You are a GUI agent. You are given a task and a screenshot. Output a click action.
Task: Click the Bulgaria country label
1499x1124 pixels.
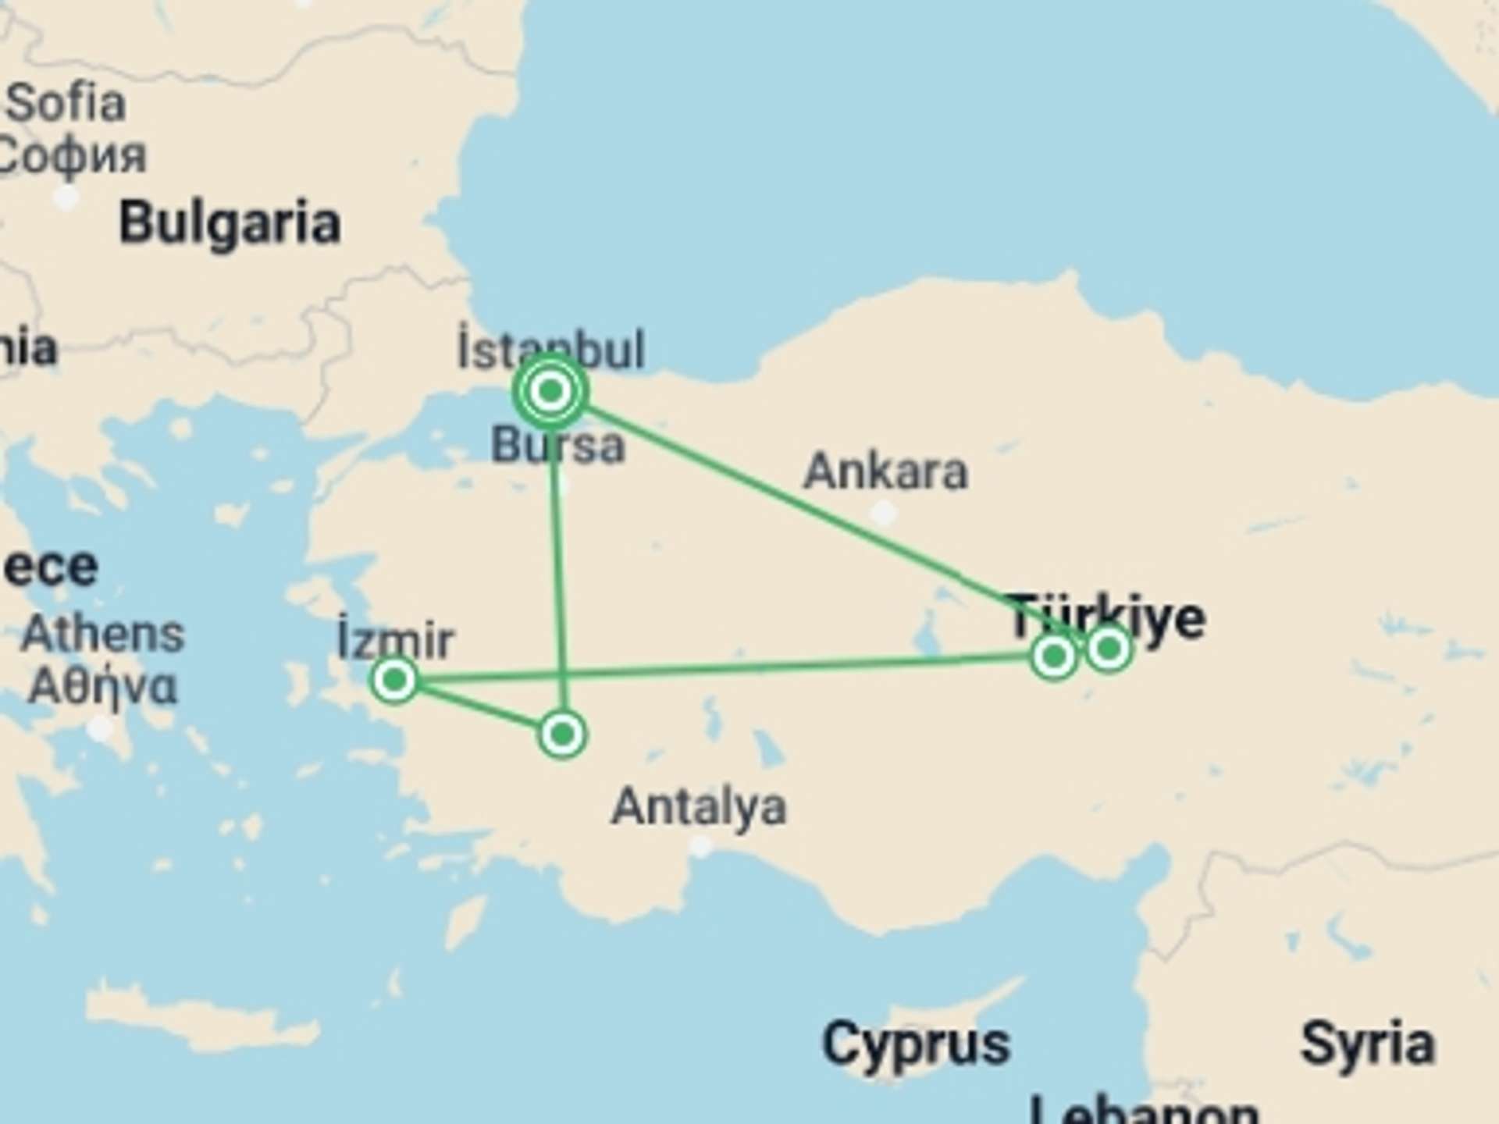[230, 224]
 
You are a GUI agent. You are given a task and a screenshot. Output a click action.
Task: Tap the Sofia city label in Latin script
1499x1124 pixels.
[66, 103]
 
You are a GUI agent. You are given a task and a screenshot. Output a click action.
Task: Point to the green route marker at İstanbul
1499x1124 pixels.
[551, 390]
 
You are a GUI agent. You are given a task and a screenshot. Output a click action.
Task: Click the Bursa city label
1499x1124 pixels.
[558, 446]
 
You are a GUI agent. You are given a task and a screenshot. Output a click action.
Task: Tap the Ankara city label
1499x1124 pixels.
[885, 471]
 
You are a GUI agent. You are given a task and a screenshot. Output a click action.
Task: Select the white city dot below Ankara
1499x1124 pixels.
[884, 513]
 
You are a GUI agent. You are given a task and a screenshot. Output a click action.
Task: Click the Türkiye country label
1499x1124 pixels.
[1107, 617]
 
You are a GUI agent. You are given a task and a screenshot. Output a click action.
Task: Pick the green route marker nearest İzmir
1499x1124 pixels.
[395, 680]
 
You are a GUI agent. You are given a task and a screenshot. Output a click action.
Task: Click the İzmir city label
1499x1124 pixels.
[395, 640]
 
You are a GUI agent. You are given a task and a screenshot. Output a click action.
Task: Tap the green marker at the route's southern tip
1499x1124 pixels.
[562, 735]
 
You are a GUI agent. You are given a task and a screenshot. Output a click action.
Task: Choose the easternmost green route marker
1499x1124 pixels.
[1109, 649]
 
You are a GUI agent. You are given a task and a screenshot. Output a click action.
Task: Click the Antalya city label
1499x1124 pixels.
[699, 806]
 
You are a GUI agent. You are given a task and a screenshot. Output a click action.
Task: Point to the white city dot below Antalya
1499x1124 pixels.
[701, 846]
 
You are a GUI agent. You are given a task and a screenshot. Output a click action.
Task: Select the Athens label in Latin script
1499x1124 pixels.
[102, 634]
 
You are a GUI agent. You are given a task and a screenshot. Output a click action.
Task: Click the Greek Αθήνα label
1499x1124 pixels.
[102, 687]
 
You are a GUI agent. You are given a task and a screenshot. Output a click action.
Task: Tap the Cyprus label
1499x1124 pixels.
[916, 1044]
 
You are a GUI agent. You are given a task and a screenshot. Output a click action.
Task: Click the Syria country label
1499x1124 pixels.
[1368, 1044]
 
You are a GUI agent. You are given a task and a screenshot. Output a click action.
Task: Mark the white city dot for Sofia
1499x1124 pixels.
[66, 197]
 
